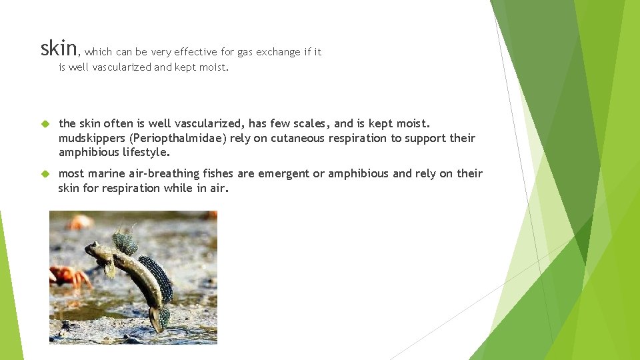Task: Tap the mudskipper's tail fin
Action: (x=159, y=318)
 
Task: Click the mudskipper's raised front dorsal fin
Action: (x=125, y=242)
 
